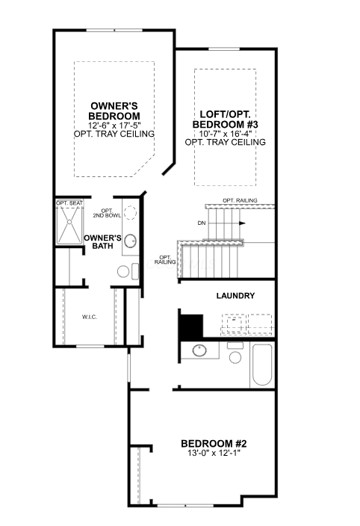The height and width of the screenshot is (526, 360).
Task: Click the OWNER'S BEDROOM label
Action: (x=114, y=111)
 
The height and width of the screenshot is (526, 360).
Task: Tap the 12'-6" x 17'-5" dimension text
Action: (x=114, y=126)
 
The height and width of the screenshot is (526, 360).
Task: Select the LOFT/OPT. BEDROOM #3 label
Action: (x=226, y=119)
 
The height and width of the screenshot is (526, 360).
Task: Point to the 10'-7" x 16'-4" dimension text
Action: (x=226, y=134)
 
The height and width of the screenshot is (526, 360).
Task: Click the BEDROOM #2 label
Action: (x=214, y=444)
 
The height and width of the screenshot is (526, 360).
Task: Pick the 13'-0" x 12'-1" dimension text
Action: (x=214, y=453)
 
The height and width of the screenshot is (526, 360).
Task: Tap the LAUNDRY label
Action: (x=235, y=296)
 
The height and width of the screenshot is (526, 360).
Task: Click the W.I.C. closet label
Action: (x=90, y=317)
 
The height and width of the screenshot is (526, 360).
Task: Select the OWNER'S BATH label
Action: (x=102, y=242)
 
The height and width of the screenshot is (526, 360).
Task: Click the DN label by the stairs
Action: (x=202, y=223)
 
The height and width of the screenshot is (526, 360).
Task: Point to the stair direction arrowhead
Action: (x=242, y=223)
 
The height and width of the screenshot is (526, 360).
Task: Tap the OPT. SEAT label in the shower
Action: (x=69, y=203)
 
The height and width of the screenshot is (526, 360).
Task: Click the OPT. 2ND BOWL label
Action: (x=107, y=213)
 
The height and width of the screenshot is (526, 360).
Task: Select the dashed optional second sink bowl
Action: (x=130, y=213)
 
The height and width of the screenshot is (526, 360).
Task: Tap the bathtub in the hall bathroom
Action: (x=262, y=365)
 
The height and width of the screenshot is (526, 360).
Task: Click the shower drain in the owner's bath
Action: (x=69, y=222)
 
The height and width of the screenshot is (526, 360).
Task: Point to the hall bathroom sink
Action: (x=199, y=350)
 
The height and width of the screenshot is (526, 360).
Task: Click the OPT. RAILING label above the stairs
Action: (x=240, y=200)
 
